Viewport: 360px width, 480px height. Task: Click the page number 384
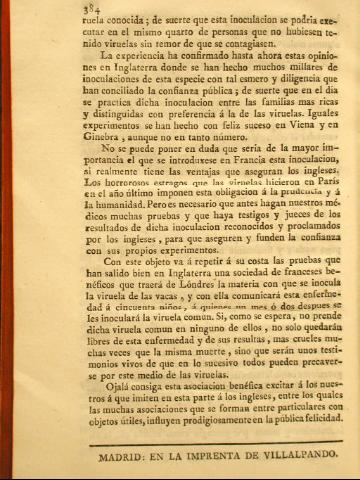65,11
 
